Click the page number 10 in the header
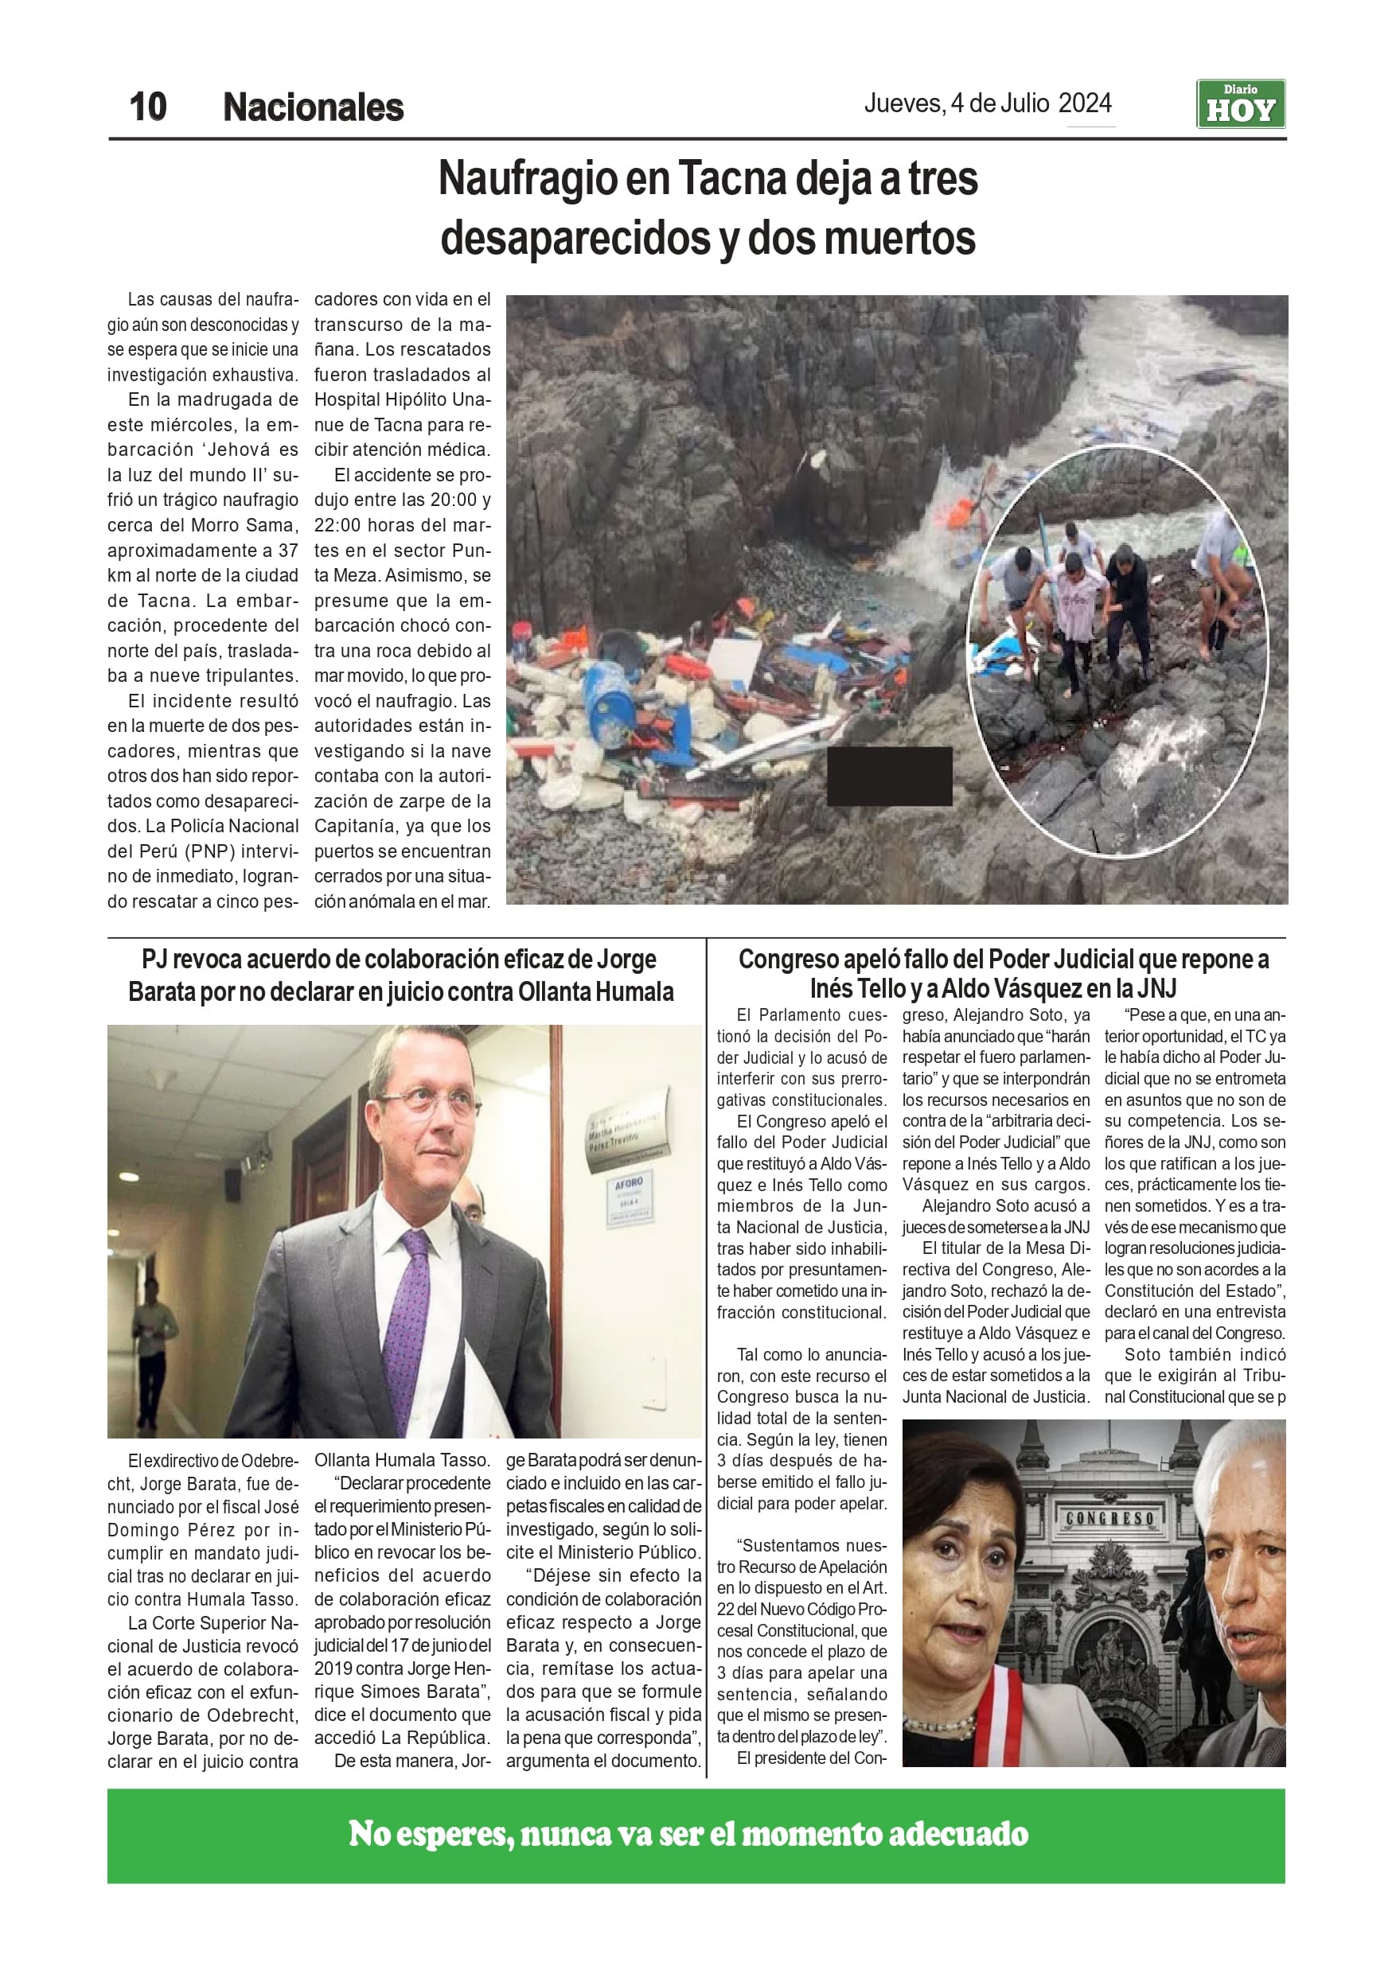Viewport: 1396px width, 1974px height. coord(148,107)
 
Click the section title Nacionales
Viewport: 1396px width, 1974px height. coord(313,108)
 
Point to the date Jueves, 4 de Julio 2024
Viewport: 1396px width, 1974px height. coord(988,104)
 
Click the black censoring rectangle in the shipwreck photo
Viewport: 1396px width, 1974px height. coord(888,776)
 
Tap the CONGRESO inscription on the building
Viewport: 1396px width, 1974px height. coord(1109,1518)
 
